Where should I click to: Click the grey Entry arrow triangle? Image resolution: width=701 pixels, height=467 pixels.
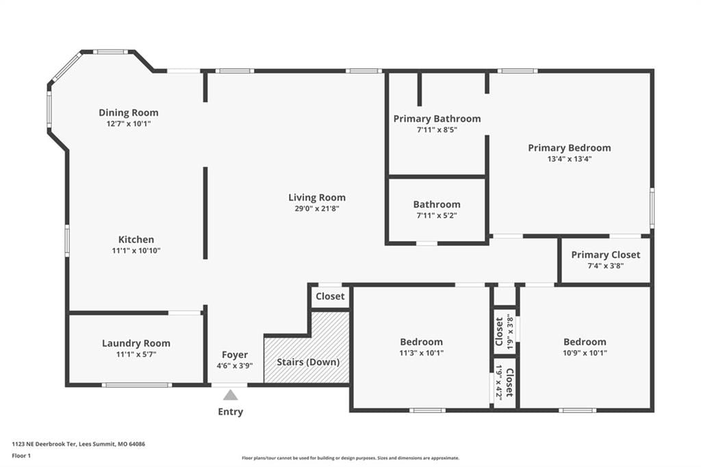click(x=230, y=395)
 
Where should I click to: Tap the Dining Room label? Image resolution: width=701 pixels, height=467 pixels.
click(x=129, y=113)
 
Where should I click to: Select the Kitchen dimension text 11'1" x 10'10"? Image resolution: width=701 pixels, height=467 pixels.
click(x=136, y=251)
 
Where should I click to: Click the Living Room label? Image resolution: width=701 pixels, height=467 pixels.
click(x=317, y=198)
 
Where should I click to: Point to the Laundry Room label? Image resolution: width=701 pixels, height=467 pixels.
click(x=136, y=343)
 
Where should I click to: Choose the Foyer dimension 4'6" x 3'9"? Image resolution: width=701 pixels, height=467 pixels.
click(x=235, y=366)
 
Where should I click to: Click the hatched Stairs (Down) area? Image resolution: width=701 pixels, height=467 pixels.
click(x=307, y=353)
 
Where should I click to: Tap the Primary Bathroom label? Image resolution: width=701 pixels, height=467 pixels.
click(x=437, y=119)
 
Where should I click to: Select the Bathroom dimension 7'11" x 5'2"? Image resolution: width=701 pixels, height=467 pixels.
click(x=437, y=215)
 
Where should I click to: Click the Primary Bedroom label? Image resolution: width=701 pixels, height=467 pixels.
click(x=570, y=148)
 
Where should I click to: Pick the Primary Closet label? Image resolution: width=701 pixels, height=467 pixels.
click(x=606, y=255)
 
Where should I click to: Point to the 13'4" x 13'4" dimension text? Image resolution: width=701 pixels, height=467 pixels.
click(x=570, y=159)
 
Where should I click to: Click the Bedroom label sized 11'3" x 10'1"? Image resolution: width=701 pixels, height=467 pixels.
click(x=422, y=342)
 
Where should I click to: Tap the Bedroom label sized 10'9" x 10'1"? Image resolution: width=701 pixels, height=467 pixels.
click(x=585, y=342)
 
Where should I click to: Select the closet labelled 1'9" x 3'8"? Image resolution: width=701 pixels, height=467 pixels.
click(x=505, y=331)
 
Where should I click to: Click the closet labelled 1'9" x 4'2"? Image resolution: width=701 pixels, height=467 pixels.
click(x=505, y=383)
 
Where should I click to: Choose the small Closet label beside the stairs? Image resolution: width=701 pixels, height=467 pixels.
click(x=331, y=296)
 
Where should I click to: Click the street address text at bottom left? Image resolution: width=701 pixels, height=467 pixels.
click(x=79, y=444)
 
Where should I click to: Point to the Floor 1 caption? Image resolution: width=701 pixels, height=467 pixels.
click(x=21, y=456)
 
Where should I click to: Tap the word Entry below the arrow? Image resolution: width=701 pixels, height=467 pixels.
click(x=231, y=412)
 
